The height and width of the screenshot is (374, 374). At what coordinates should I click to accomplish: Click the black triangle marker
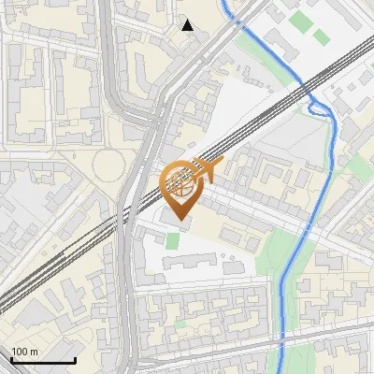pos(188,25)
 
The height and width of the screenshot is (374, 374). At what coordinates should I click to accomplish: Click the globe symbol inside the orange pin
pos(180,184)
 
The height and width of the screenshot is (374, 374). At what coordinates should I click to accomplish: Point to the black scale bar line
pos(43,360)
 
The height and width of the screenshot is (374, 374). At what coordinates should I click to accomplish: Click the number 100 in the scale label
pos(20,352)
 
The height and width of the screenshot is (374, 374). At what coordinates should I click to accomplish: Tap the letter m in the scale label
pos(34,352)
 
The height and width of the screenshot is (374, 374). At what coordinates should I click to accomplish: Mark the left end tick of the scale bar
pos(12,359)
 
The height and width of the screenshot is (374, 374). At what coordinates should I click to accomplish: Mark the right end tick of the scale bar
pos(75,359)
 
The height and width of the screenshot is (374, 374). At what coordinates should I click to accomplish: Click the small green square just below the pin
pos(172,240)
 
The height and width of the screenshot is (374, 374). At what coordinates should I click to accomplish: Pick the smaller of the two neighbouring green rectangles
pos(322,36)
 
